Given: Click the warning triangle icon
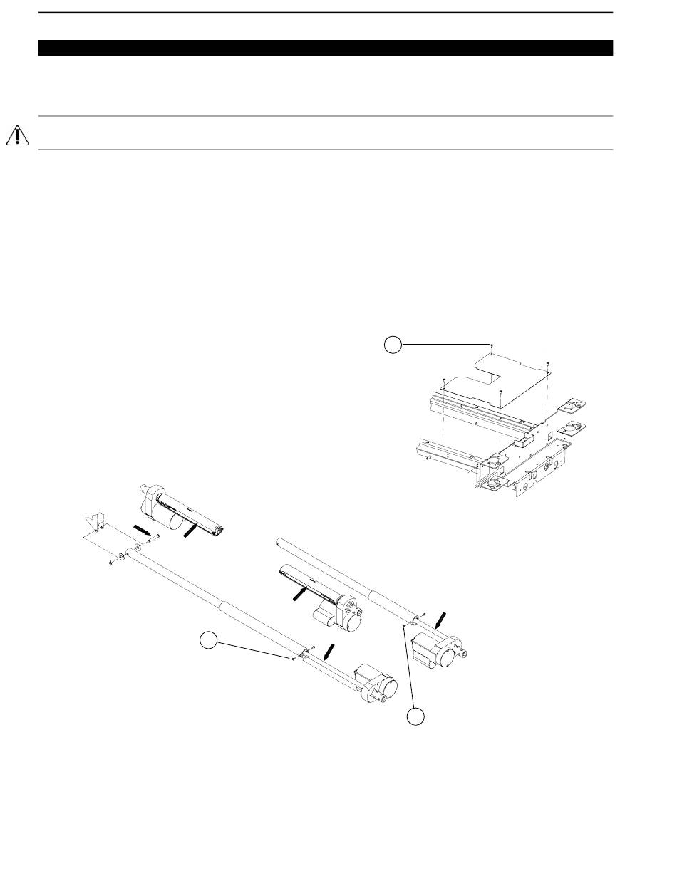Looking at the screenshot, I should (17, 135).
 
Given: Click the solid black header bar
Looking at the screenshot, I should (325, 48).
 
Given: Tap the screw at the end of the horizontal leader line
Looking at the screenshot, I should (492, 345).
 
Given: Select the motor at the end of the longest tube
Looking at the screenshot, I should (378, 685).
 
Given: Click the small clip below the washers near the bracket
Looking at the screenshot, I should (111, 563).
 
